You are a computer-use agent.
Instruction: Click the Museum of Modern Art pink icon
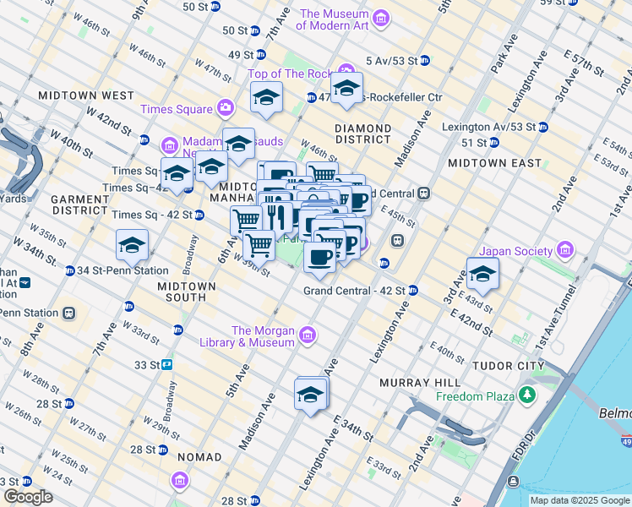point(381,19)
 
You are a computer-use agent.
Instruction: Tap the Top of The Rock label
point(290,74)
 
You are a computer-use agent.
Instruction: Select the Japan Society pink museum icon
point(564,251)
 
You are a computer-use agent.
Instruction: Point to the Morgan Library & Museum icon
point(308,336)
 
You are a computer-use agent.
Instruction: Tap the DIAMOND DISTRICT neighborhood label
point(363,134)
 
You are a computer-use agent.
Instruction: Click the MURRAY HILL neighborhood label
point(411,383)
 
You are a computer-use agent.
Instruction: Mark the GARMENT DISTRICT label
point(75,207)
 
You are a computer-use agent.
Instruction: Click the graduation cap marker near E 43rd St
point(482,275)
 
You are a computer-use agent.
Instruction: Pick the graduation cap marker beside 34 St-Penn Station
point(132,246)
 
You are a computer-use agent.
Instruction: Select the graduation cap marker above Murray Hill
point(310,395)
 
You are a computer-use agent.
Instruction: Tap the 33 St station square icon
point(167,365)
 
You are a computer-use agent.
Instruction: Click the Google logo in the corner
point(27,497)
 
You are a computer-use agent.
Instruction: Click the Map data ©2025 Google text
point(580,500)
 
